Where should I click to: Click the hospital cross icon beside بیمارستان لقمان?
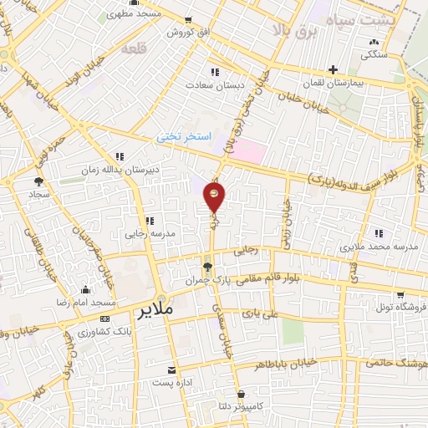click(x=334, y=69)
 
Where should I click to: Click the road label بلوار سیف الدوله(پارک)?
click(x=344, y=176)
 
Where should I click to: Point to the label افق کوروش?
click(x=180, y=32)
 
